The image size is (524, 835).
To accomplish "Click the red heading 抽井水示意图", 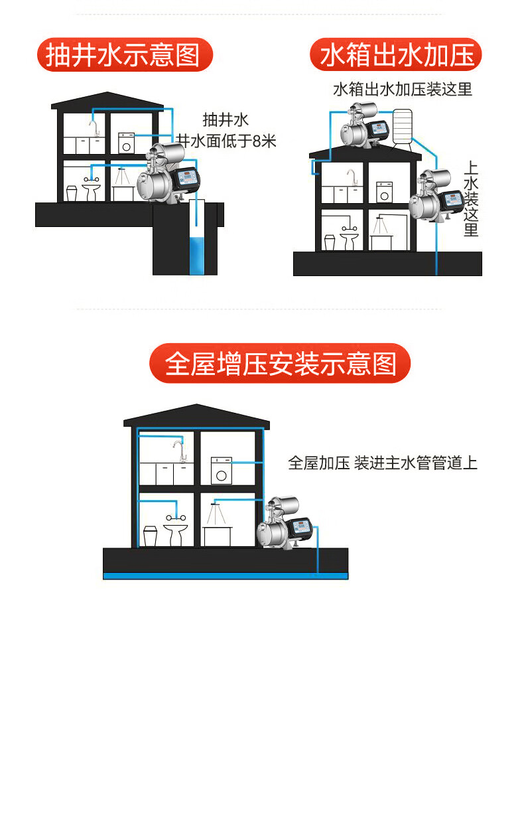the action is [x=125, y=54].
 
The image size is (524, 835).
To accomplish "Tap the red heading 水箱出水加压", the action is [x=396, y=54].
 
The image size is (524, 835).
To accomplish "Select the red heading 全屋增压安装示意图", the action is [x=280, y=363].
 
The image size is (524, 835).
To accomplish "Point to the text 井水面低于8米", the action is [x=226, y=141].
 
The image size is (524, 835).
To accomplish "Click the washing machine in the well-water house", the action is [x=126, y=143].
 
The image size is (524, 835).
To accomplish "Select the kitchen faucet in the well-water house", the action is [x=94, y=125].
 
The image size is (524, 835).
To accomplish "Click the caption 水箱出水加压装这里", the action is [x=402, y=89].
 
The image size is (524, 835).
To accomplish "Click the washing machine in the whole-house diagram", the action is [x=221, y=469].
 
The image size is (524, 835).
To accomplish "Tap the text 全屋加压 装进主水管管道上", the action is [x=383, y=463].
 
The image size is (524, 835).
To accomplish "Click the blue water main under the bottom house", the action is [x=226, y=575].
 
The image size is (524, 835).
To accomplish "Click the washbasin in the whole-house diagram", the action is [x=176, y=530].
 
